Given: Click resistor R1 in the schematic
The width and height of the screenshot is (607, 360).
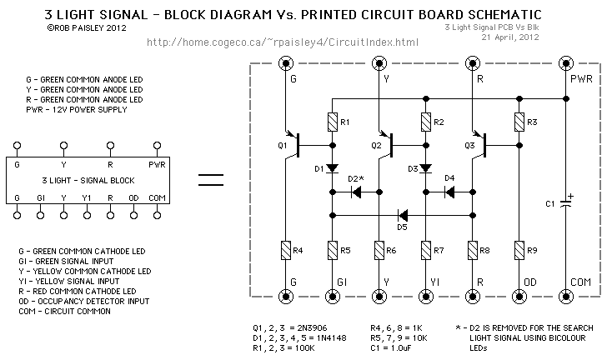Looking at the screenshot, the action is [x=332, y=122].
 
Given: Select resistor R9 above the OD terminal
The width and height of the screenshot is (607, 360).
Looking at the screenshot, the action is [x=519, y=251].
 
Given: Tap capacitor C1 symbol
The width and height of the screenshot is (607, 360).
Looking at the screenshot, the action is [x=566, y=202].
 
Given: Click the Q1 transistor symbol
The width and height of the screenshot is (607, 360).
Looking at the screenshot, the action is [x=293, y=145].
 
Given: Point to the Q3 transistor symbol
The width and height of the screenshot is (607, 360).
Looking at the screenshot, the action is [x=479, y=145].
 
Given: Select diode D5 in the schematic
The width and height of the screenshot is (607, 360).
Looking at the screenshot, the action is [x=403, y=215].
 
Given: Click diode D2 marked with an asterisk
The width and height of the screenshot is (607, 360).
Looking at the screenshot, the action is [x=356, y=192].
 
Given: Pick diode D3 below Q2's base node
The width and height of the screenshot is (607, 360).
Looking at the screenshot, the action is [x=426, y=168].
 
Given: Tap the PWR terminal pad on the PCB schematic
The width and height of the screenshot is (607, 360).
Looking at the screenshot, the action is [x=566, y=63].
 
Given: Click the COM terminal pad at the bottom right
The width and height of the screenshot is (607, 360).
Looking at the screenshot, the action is [x=566, y=297].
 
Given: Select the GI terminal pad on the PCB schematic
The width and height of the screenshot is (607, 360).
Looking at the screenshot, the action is [x=332, y=297].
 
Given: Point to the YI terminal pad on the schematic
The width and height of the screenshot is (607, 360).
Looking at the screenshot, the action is [x=426, y=297].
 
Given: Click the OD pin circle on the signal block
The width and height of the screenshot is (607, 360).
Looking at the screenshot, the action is [x=133, y=215].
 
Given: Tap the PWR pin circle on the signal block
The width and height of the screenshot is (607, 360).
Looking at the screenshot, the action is [x=157, y=146].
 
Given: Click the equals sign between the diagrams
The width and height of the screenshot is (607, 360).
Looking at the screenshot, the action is [x=211, y=180].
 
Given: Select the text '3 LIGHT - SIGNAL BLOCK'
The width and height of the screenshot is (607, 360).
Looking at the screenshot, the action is [x=88, y=180].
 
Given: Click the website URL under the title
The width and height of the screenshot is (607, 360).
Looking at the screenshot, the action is [x=283, y=42].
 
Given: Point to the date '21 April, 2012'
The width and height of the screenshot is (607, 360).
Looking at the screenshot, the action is [x=510, y=37].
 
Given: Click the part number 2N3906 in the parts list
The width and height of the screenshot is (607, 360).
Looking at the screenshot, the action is [x=309, y=328].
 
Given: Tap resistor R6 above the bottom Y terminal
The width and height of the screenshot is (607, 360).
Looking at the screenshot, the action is [x=379, y=251].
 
